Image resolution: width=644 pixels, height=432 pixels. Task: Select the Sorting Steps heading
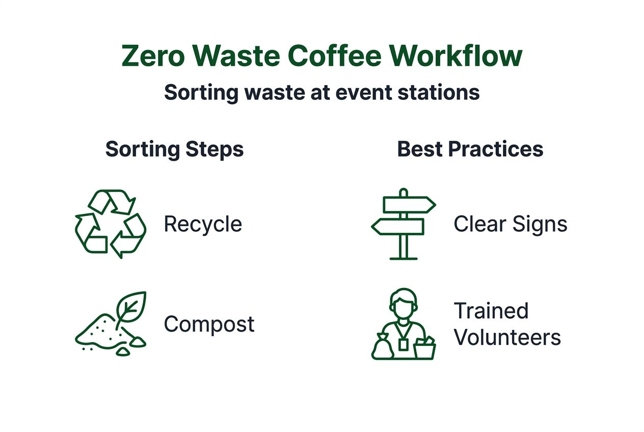pos(174,150)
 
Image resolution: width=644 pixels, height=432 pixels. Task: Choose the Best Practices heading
pos(470,150)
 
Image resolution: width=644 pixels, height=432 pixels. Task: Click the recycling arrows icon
pos(111,224)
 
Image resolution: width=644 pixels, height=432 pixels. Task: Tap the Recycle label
pos(203,224)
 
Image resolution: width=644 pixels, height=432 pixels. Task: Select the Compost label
pos(209,325)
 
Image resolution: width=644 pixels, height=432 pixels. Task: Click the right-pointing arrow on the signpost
pos(409,205)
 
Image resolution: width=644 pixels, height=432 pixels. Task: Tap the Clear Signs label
pos(510,224)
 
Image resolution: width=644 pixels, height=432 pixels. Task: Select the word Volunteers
pos(507,338)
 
